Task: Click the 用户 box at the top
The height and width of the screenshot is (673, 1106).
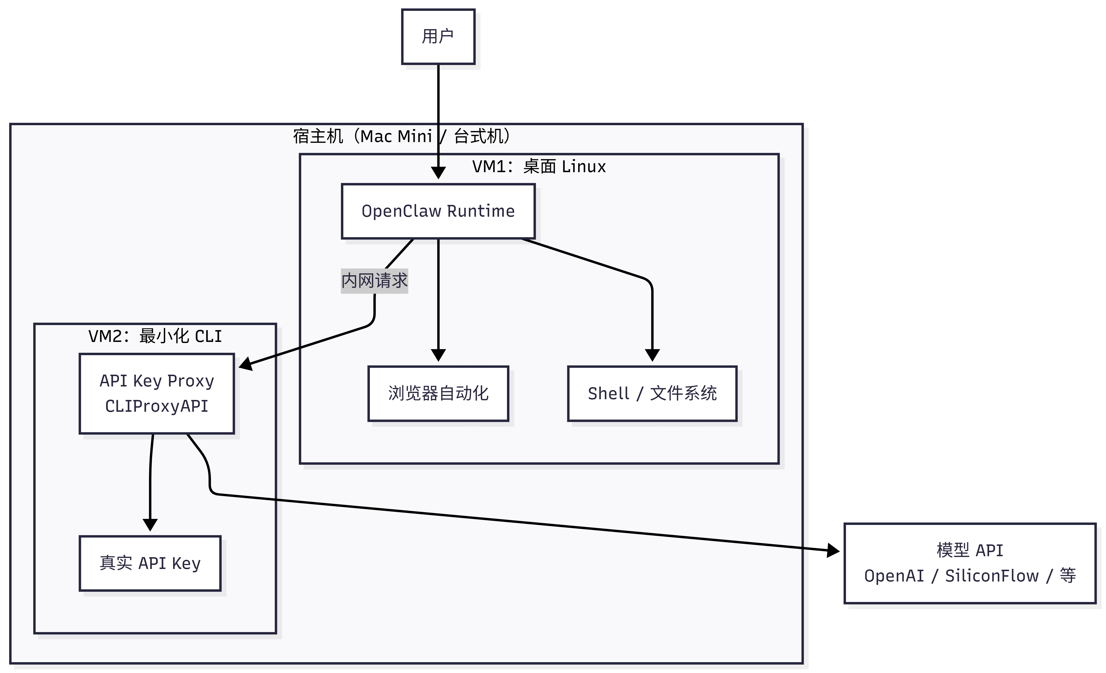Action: [x=438, y=37]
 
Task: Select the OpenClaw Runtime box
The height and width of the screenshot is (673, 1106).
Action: [x=438, y=211]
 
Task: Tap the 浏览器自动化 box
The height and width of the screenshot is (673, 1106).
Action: [x=438, y=393]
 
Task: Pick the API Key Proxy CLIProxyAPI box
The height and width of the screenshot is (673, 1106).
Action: [x=157, y=393]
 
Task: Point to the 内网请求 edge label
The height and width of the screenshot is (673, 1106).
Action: [x=374, y=281]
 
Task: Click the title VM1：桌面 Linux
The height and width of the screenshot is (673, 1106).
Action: [x=539, y=166]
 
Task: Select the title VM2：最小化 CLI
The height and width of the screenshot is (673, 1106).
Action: [x=155, y=336]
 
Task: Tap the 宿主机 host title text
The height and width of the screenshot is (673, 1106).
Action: [x=402, y=136]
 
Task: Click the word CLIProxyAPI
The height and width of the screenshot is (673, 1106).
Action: [x=157, y=406]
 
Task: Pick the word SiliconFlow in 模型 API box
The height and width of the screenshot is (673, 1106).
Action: [x=992, y=576]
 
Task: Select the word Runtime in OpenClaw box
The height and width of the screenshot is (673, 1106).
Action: [x=481, y=211]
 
